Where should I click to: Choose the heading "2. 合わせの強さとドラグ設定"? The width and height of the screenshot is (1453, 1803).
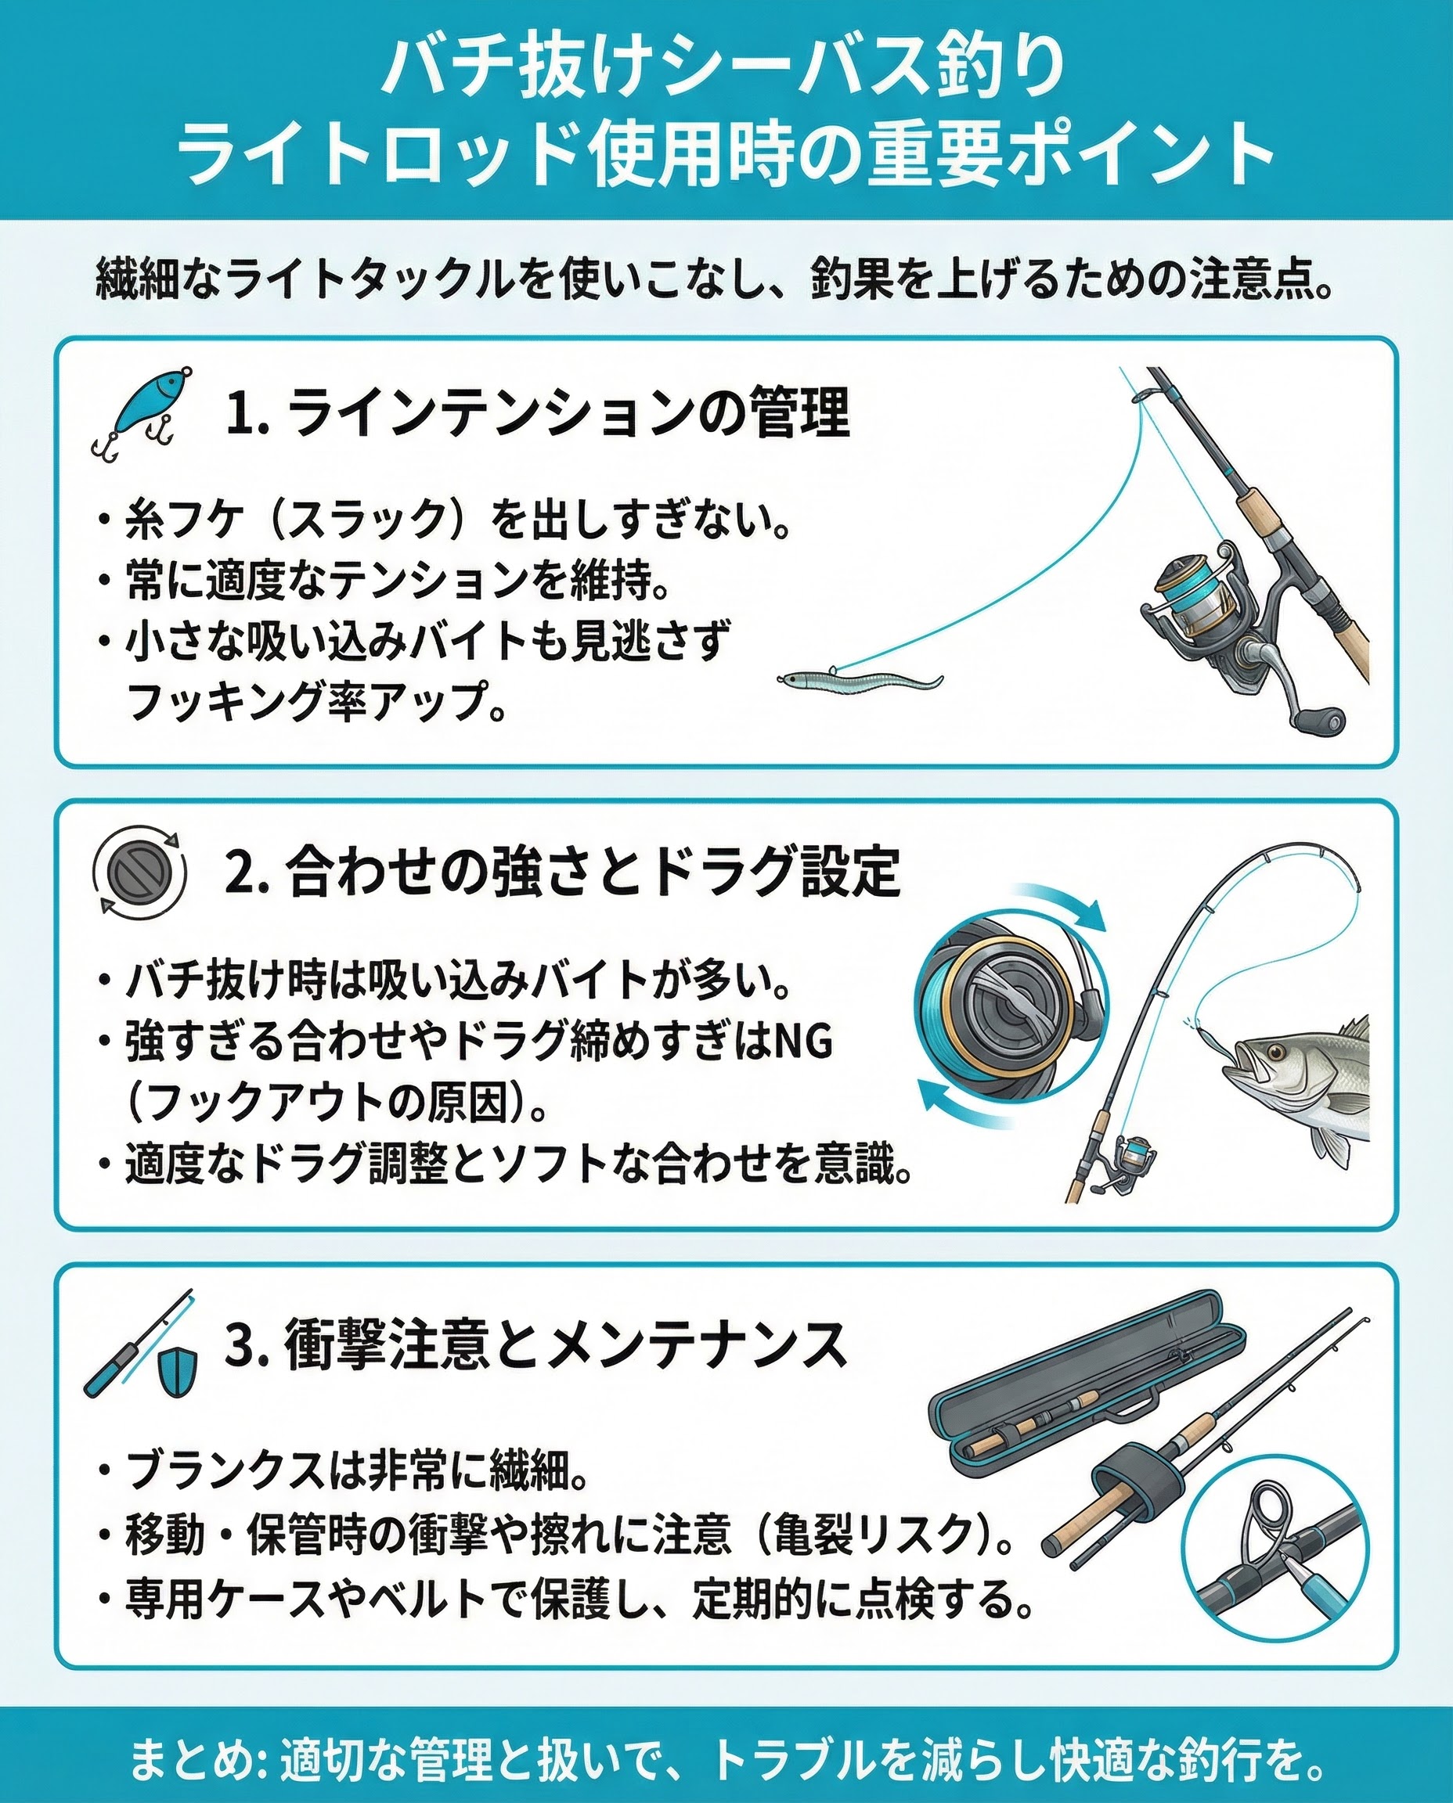[x=562, y=872]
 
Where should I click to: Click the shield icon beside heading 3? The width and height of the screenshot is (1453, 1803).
[x=177, y=1373]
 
